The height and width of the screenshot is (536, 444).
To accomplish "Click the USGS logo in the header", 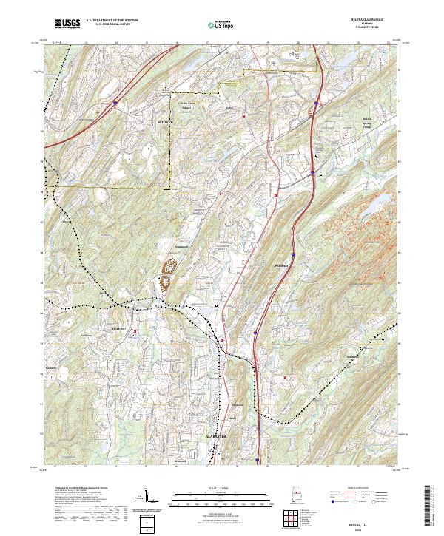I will tap(67, 24).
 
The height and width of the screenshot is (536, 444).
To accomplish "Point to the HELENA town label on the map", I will tap(118, 327).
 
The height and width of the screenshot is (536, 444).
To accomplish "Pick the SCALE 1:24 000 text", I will tap(221, 489).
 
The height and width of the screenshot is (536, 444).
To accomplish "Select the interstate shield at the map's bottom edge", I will tap(256, 458).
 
